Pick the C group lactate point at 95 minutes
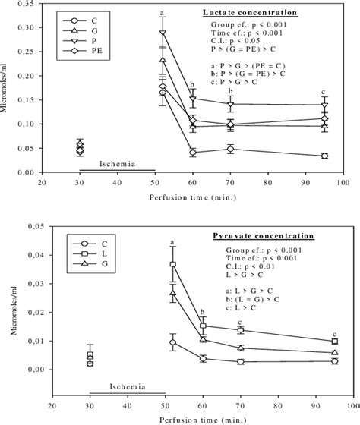(324, 156)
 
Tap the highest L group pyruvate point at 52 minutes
(172, 264)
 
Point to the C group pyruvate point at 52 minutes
(172, 342)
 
